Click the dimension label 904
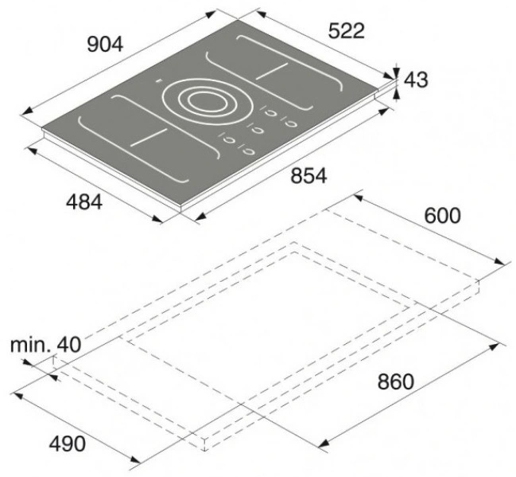click(x=105, y=45)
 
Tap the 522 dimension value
click(x=347, y=31)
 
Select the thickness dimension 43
click(x=416, y=80)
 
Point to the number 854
click(x=308, y=175)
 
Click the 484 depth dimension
click(x=84, y=201)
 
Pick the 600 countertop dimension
click(x=443, y=216)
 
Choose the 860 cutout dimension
click(x=395, y=381)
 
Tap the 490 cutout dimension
click(x=67, y=444)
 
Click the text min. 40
click(x=45, y=345)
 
